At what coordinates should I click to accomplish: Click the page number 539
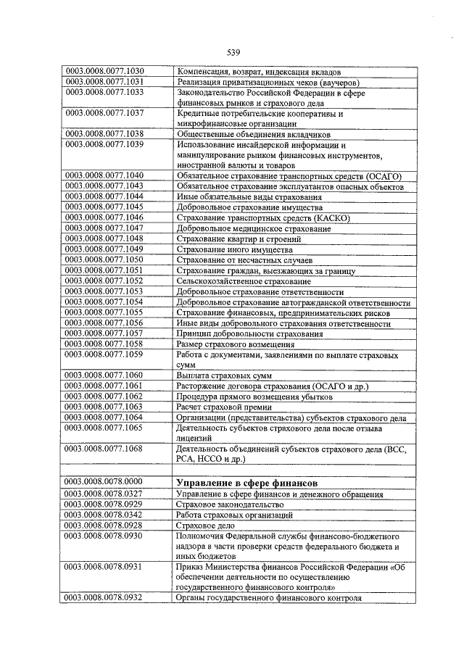pos(233,52)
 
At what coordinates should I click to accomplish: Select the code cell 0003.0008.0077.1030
pos(105,72)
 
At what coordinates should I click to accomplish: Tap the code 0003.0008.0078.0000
pos(105,482)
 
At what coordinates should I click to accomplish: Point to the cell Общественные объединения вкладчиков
pos(243,135)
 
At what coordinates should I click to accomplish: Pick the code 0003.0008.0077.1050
pos(105,260)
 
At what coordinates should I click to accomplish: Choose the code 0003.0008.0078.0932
pos(105,598)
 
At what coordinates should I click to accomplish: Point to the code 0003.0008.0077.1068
pos(105,449)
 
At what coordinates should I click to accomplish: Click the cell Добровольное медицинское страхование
pos(253,228)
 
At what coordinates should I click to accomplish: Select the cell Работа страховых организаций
pos(234,514)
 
